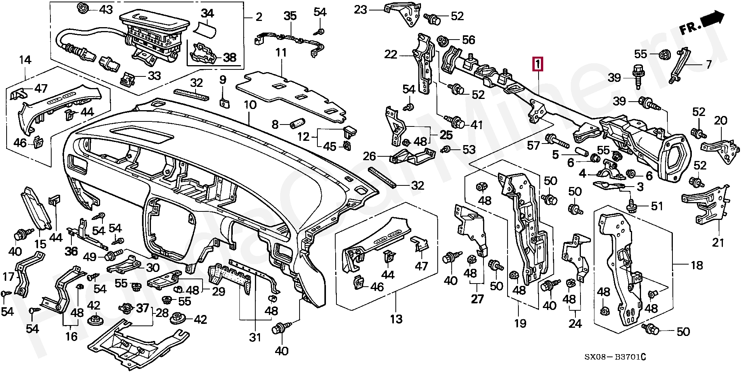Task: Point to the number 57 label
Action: click(x=534, y=146)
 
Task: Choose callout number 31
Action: click(x=255, y=337)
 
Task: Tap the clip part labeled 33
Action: click(x=128, y=80)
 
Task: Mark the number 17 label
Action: click(x=8, y=277)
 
